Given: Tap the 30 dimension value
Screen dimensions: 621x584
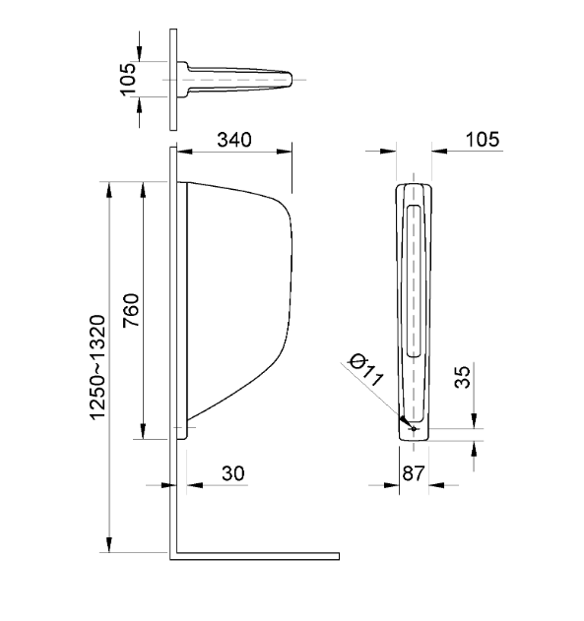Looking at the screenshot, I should click(x=233, y=473).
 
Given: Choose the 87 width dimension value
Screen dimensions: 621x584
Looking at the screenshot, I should click(x=415, y=473).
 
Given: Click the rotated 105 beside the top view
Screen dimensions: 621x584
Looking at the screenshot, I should click(x=127, y=79).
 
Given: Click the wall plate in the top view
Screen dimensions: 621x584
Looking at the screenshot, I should click(x=172, y=79).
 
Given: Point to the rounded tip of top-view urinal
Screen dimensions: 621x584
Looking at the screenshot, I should click(x=291, y=79).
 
